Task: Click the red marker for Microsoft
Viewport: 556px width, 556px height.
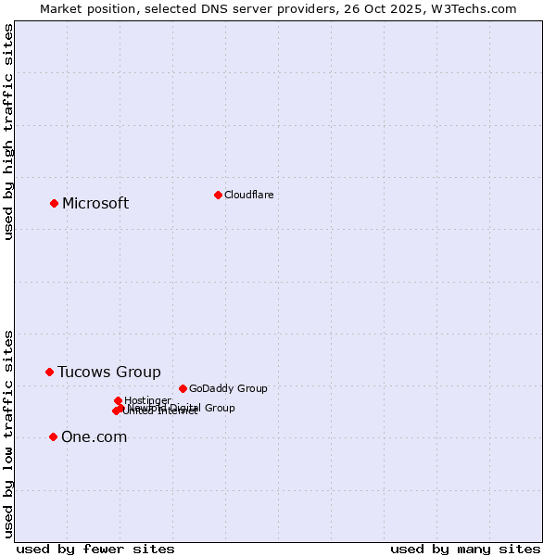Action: [54, 203]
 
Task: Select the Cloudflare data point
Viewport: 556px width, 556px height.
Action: [218, 195]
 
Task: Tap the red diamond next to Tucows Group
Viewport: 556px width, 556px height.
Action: [50, 372]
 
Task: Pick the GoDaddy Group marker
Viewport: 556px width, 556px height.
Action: [183, 388]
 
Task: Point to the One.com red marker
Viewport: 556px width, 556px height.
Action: [53, 436]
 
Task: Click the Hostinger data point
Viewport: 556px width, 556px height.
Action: [118, 400]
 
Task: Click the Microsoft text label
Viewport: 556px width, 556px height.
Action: [95, 204]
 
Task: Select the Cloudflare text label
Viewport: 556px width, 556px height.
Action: [248, 195]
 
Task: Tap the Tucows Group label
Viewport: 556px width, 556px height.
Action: [109, 373]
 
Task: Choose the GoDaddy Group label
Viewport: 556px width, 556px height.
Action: [228, 389]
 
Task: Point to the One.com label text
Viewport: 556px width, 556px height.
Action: [94, 437]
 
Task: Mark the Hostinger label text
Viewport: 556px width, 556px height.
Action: [147, 400]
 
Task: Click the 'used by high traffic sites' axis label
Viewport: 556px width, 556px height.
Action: [9, 132]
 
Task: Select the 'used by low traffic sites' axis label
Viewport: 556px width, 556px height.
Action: [9, 433]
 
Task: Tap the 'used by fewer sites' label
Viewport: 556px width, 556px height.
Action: [95, 549]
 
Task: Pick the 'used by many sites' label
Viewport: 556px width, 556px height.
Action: [465, 549]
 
